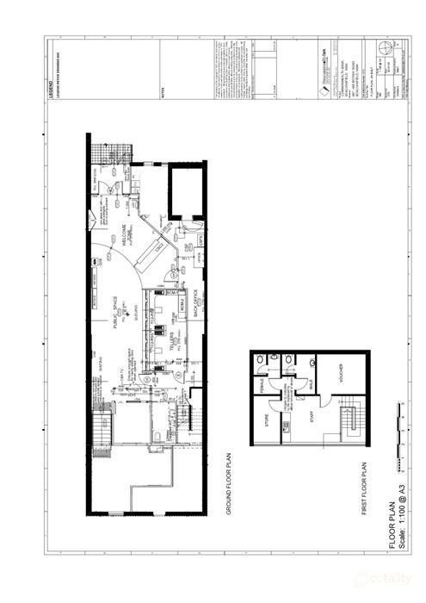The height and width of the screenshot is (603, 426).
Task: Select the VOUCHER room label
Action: (340, 376)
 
